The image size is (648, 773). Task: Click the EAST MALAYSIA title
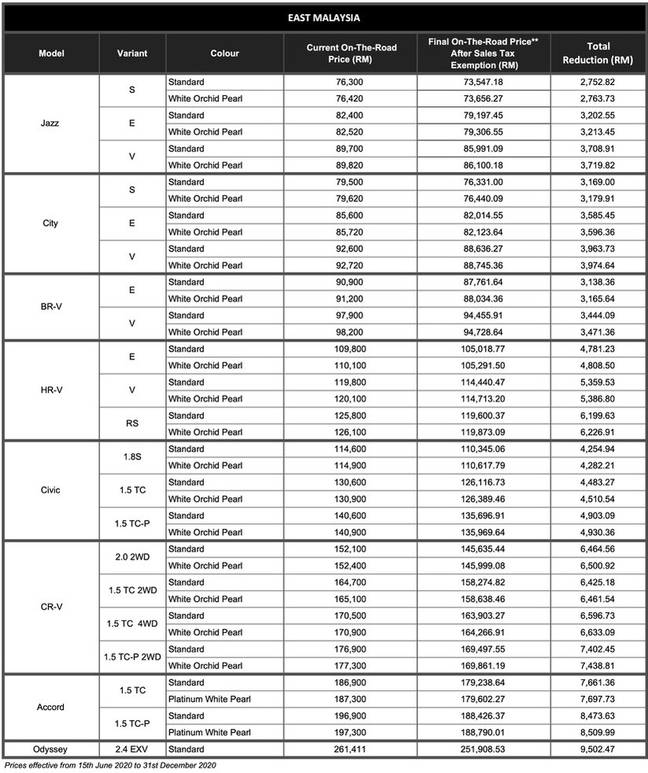pos(324,17)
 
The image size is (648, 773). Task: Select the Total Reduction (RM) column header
pos(598,53)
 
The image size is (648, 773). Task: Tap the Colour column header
pos(224,54)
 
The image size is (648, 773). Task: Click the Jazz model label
pos(51,123)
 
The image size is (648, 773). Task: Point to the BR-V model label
pos(51,307)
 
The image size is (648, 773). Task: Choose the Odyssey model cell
pos(51,749)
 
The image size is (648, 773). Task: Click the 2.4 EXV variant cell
pos(131,749)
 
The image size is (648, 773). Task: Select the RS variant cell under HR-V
pos(131,423)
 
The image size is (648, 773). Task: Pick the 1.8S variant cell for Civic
pos(131,457)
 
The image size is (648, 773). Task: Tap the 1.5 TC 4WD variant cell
pos(131,623)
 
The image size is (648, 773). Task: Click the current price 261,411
pos(350,749)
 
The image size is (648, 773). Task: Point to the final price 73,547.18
pos(483,82)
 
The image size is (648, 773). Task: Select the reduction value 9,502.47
pos(598,749)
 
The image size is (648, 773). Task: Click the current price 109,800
pos(350,349)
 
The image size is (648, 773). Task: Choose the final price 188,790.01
pos(483,732)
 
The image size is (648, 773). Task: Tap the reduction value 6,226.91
pos(598,432)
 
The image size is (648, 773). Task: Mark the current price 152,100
pos(350,549)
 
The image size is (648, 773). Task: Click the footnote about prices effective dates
pos(110,765)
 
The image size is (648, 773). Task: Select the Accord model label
pos(51,707)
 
